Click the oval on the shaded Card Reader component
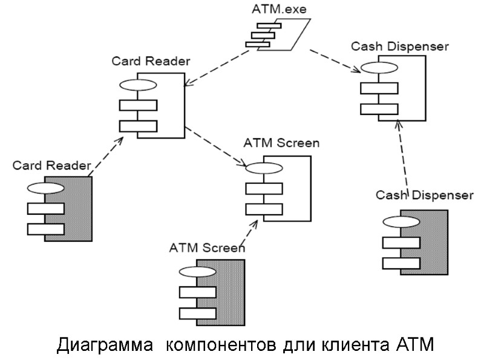pyautogui.click(x=45, y=188)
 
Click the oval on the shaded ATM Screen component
pyautogui.click(x=197, y=272)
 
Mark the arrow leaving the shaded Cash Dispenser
pyautogui.click(x=402, y=157)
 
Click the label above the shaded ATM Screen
pyautogui.click(x=207, y=247)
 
